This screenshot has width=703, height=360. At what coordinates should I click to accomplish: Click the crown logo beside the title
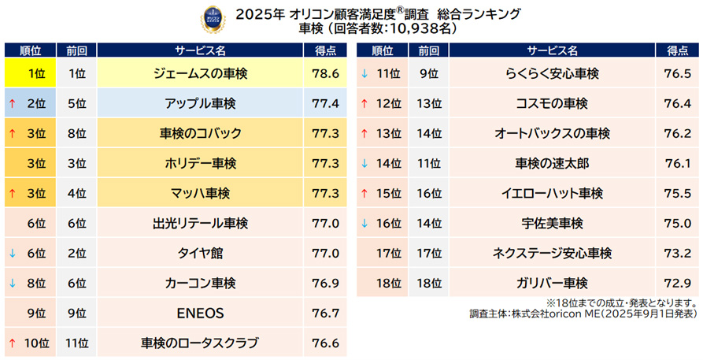click(213, 17)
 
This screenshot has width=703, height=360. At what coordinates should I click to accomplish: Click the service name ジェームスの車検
click(198, 73)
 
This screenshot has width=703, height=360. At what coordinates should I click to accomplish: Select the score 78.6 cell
click(324, 73)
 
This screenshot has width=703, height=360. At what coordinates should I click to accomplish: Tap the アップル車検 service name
click(198, 103)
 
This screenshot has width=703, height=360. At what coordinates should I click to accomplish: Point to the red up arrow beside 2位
click(12, 103)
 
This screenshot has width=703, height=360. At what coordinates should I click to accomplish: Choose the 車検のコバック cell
click(198, 133)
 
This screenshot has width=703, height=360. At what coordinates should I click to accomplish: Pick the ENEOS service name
click(198, 313)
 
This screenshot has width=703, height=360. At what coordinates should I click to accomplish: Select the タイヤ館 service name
click(198, 253)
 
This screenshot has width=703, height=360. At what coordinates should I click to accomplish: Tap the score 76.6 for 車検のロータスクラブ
click(324, 343)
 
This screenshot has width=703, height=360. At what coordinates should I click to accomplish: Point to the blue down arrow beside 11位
click(364, 73)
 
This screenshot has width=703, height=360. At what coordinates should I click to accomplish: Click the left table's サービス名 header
click(198, 50)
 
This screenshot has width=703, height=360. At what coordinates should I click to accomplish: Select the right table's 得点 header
click(677, 50)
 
